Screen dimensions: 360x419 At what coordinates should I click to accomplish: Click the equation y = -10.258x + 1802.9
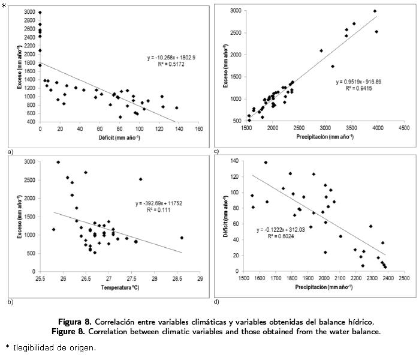[174, 57]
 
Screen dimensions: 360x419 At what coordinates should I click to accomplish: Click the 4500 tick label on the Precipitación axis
[403, 128]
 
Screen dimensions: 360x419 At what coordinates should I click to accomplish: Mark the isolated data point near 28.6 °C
[182, 238]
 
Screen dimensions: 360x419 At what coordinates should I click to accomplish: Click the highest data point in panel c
[375, 11]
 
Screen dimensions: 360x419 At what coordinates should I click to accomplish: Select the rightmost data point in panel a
[176, 108]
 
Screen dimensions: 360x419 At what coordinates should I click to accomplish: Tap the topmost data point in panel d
[266, 162]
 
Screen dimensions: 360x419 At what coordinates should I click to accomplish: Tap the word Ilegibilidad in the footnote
[33, 347]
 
